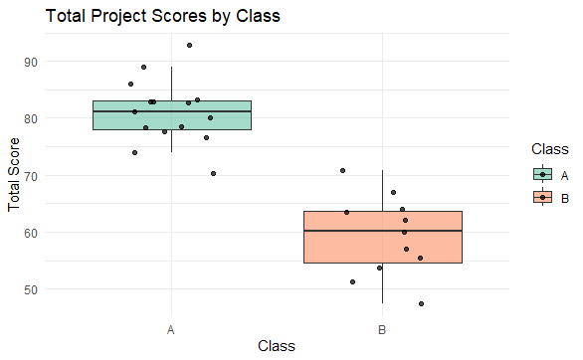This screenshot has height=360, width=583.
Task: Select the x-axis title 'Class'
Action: [276, 345]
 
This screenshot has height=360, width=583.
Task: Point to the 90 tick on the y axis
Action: [30, 62]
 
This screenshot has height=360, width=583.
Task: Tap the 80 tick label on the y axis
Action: [30, 118]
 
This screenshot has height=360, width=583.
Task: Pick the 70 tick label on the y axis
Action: [30, 176]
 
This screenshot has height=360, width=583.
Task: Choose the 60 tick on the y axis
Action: [30, 233]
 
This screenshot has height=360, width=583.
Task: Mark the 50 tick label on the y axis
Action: [30, 289]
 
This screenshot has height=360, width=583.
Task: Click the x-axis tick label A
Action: [171, 327]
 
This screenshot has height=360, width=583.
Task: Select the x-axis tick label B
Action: [382, 327]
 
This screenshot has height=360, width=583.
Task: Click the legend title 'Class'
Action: [549, 149]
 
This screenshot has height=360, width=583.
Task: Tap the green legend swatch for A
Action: [542, 174]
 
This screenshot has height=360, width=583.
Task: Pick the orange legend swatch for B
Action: [542, 197]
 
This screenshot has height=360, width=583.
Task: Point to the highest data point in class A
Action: [189, 45]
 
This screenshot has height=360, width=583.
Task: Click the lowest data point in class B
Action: [421, 303]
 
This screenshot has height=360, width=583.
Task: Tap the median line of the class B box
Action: [382, 231]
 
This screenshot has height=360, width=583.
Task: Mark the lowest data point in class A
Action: [213, 173]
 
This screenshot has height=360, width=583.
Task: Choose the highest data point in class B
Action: [342, 170]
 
